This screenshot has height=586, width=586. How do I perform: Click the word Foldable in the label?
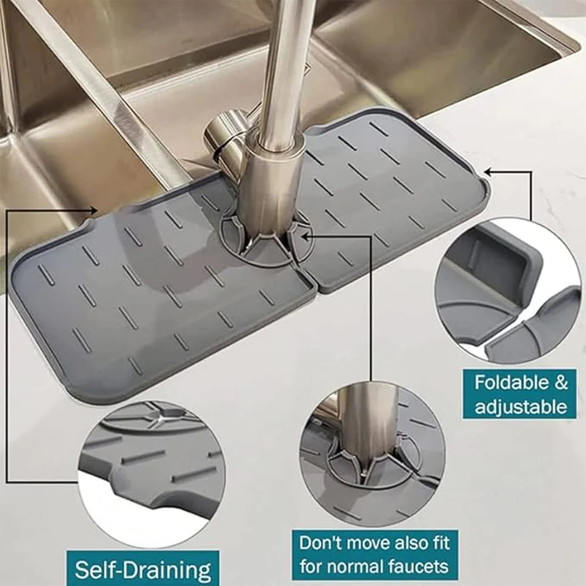504,382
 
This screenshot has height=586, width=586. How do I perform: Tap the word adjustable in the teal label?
520,407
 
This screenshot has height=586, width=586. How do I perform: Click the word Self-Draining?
143,569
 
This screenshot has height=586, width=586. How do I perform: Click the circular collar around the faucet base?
266,242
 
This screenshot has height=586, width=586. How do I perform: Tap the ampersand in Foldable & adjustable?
554,382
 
